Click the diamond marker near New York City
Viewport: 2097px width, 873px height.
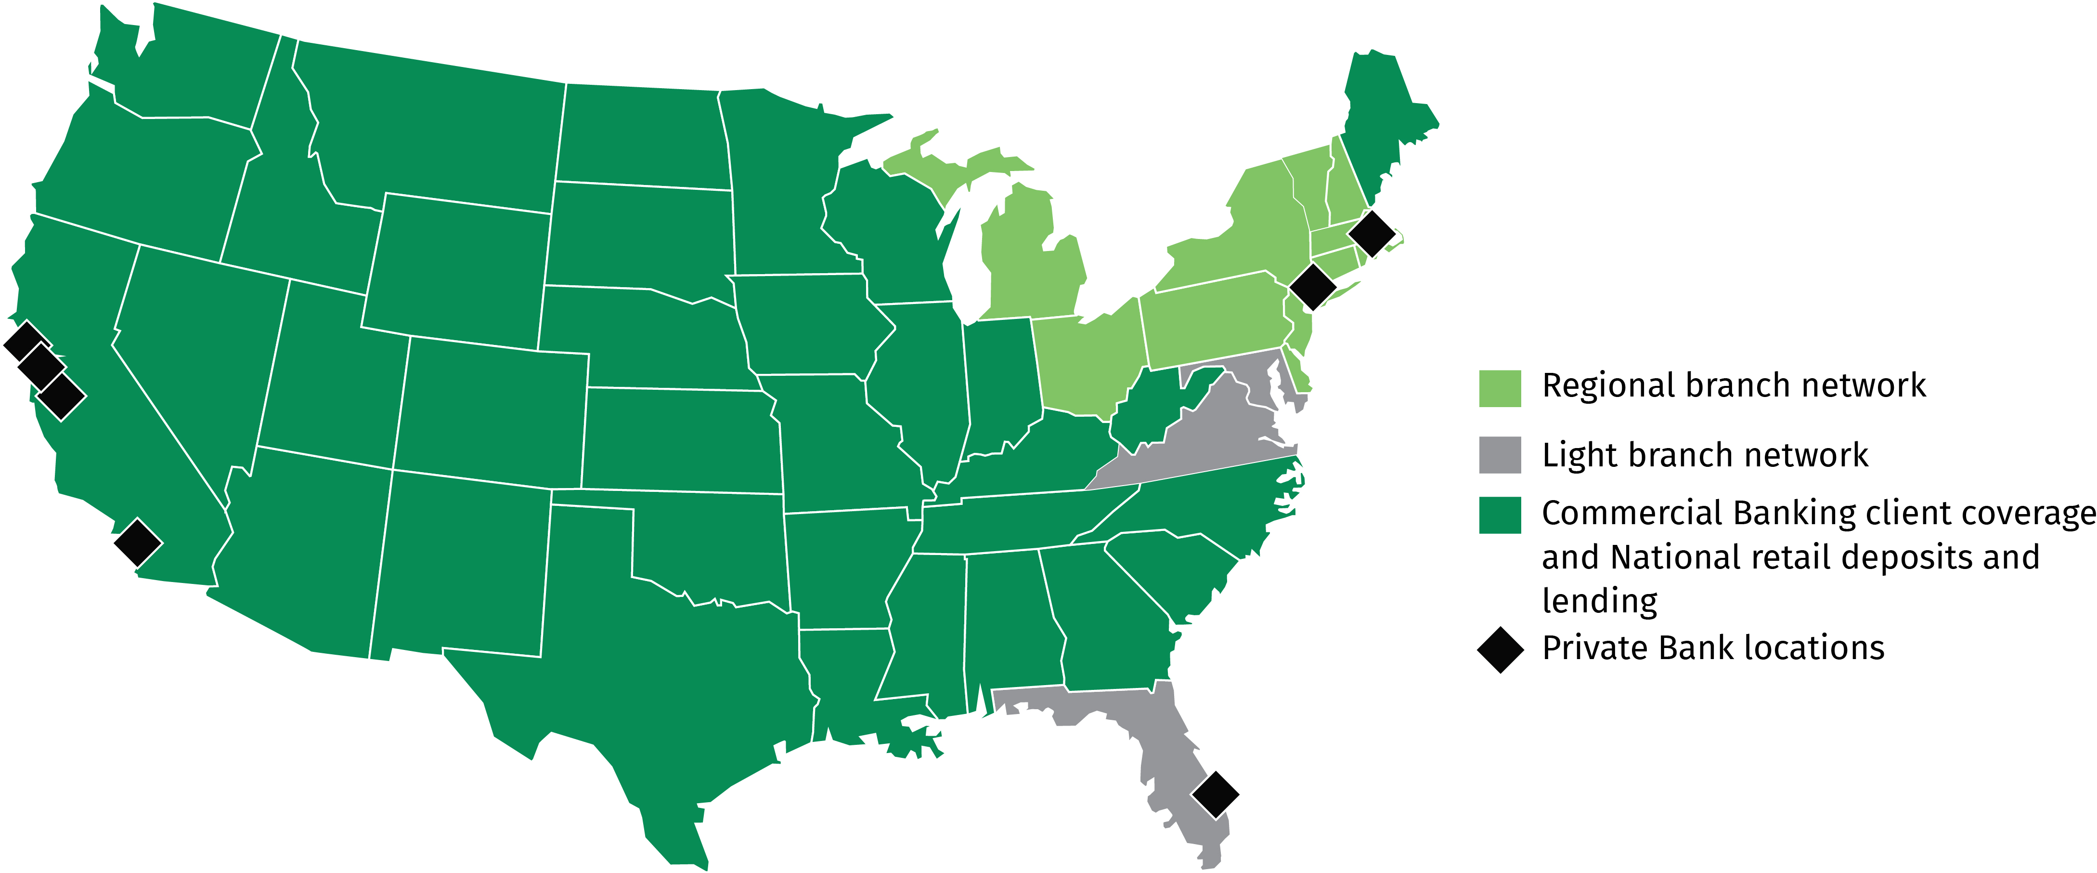[x=1312, y=286]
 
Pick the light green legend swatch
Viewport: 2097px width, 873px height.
[x=1500, y=388]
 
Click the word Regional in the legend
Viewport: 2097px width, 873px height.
[x=1600, y=386]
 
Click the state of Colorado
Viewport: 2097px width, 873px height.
[x=489, y=411]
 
